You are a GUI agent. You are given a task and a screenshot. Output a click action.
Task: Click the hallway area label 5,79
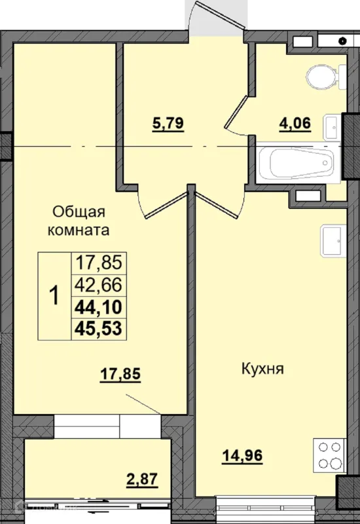click(x=168, y=124)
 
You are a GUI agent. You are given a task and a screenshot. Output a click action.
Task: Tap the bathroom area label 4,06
click(x=295, y=124)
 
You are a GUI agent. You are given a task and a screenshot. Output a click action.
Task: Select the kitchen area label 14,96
click(x=242, y=456)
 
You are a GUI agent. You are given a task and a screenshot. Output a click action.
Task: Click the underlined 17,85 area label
click(x=120, y=374)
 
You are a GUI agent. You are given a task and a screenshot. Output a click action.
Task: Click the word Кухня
click(x=262, y=369)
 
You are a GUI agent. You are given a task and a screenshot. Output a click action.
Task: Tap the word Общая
click(x=79, y=212)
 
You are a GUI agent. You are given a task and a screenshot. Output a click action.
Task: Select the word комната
click(x=79, y=231)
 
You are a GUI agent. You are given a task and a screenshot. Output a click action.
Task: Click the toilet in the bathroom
click(x=326, y=76)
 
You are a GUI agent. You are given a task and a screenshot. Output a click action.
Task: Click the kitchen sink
click(x=333, y=241)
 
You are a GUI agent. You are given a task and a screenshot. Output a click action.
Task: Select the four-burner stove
click(x=329, y=455)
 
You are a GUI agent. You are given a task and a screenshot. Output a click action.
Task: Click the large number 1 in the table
click(x=54, y=295)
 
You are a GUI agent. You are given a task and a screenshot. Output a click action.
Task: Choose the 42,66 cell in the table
click(x=99, y=285)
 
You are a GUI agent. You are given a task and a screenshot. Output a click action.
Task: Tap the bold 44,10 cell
click(x=99, y=307)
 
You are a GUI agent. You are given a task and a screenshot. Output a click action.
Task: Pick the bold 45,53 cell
click(x=99, y=329)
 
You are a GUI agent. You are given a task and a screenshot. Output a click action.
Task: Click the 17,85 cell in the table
click(x=99, y=263)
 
